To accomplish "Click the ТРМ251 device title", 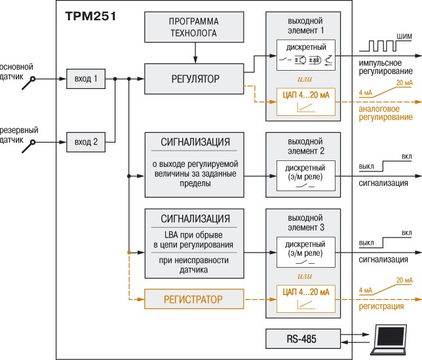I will (x=90, y=16).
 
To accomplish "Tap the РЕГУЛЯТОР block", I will (x=194, y=79).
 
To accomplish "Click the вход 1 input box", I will (x=86, y=79).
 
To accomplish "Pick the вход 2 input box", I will (x=86, y=141).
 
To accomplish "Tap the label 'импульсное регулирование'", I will (x=385, y=66).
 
